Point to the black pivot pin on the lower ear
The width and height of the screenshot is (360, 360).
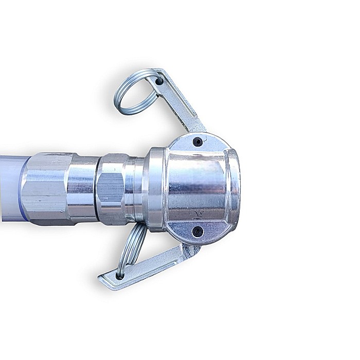tap(197, 232)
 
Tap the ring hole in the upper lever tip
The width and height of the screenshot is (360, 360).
tap(159, 80)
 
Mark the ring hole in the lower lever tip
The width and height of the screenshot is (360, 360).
tap(120, 276)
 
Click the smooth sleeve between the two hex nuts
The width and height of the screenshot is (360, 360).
tap(82, 188)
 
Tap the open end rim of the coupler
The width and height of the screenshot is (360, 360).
tap(235, 188)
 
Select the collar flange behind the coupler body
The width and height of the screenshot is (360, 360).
tap(154, 188)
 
